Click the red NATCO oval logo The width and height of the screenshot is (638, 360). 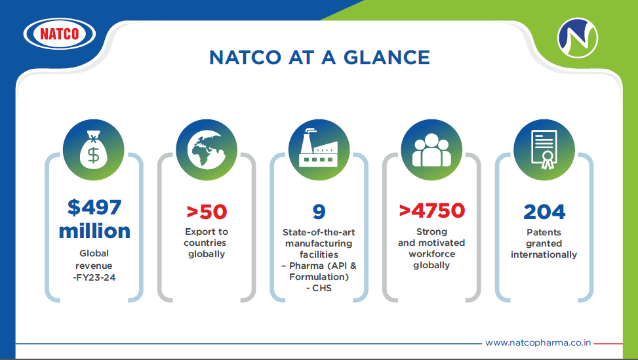(x=60, y=33)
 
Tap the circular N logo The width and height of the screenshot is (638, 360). (x=578, y=38)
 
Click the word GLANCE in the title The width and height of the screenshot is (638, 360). (x=387, y=57)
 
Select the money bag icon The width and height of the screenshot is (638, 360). (x=94, y=150)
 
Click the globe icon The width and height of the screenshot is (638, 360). (x=207, y=150)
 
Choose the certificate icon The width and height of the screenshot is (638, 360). (x=544, y=150)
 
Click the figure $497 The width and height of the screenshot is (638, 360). (x=94, y=207)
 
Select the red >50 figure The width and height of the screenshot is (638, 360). (x=207, y=212)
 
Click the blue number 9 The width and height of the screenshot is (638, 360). (x=319, y=212)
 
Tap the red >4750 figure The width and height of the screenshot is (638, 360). (x=431, y=210)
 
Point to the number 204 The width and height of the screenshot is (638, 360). (x=544, y=212)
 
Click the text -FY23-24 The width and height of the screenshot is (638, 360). (x=94, y=277)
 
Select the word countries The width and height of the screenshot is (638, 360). (x=205, y=243)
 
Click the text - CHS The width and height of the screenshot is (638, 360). (x=319, y=288)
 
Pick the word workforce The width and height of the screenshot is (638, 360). (x=431, y=254)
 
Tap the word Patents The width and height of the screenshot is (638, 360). (x=544, y=232)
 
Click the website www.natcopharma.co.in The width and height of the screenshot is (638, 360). (x=538, y=343)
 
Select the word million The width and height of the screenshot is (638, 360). (x=94, y=231)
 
